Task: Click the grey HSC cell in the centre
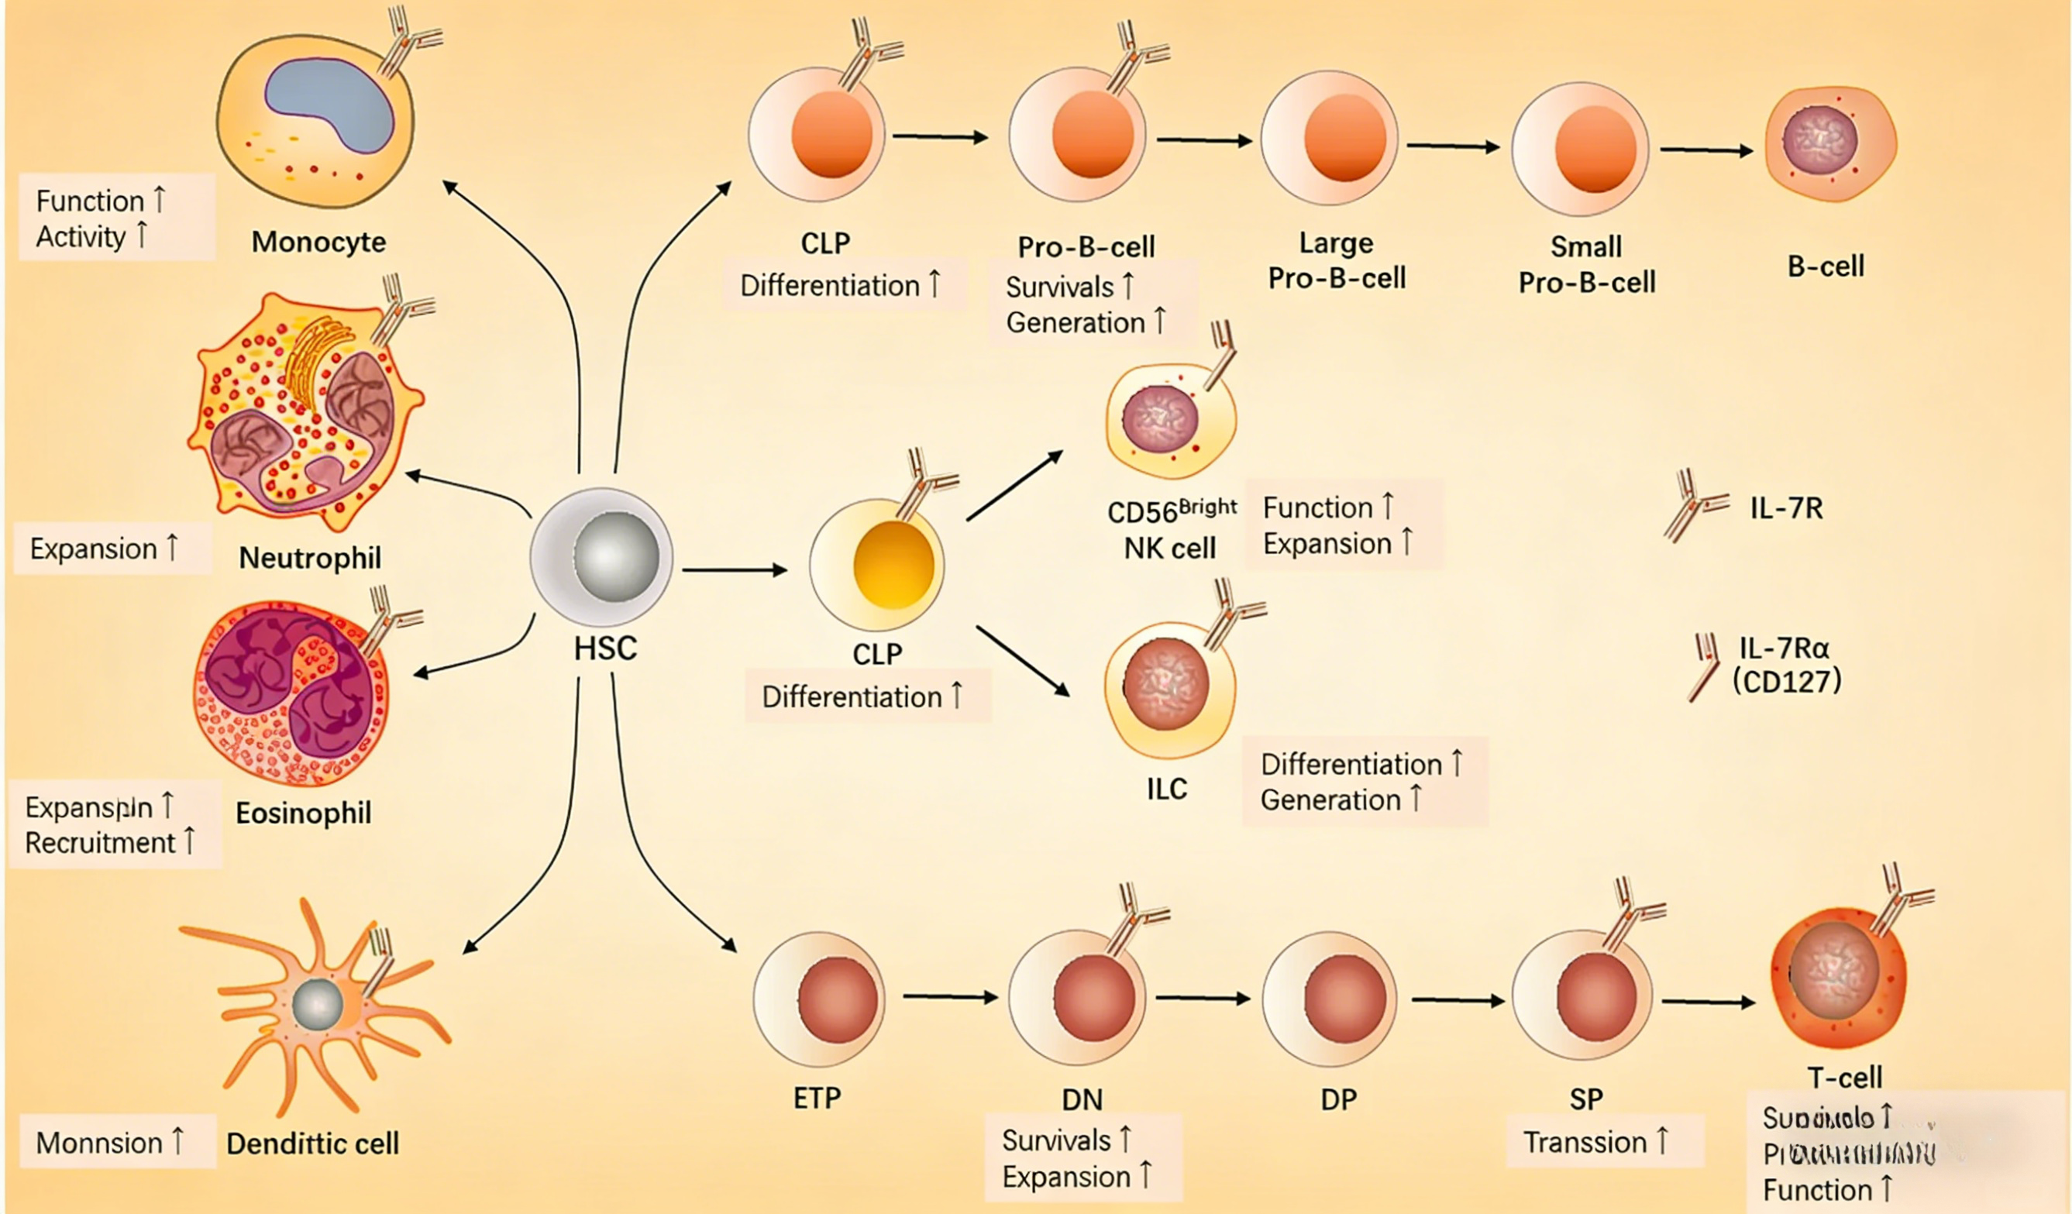click(x=602, y=556)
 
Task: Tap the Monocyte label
click(x=318, y=242)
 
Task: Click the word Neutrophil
click(x=310, y=558)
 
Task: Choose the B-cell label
click(x=1826, y=267)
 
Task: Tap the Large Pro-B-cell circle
click(x=1330, y=137)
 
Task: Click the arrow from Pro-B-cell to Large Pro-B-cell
click(x=1203, y=140)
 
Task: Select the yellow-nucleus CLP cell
click(x=877, y=565)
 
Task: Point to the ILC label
click(x=1167, y=789)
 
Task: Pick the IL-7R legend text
click(x=1786, y=508)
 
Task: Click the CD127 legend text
click(x=1787, y=682)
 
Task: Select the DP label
click(x=1338, y=1099)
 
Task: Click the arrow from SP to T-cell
click(x=1708, y=1002)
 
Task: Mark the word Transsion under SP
click(x=1585, y=1143)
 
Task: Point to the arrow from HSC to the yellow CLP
click(x=735, y=569)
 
